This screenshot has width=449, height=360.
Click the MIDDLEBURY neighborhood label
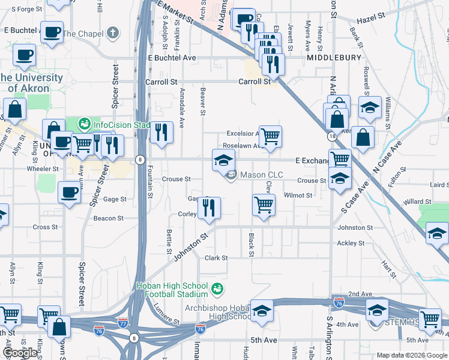pyautogui.click(x=334, y=58)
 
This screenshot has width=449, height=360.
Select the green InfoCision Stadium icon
pyautogui.click(x=84, y=125)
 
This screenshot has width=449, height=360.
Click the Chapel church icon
pyautogui.click(x=113, y=34)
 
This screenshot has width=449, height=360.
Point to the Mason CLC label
pyautogui.click(x=262, y=175)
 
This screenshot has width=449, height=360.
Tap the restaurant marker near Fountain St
pyautogui.click(x=160, y=132)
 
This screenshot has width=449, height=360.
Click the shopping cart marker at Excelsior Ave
pyautogui.click(x=270, y=137)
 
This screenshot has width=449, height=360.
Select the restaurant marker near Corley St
pyautogui.click(x=209, y=208)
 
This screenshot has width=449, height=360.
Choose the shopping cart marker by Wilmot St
pyautogui.click(x=264, y=205)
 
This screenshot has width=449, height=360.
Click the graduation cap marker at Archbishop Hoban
pyautogui.click(x=262, y=310)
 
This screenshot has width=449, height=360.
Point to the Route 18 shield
pyautogui.click(x=332, y=137)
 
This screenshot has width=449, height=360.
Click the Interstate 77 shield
pyautogui.click(x=123, y=322)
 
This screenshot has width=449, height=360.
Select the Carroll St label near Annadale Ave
pyautogui.click(x=161, y=82)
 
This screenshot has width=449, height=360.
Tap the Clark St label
pyautogui.click(x=216, y=258)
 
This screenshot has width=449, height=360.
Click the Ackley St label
pyautogui.click(x=351, y=243)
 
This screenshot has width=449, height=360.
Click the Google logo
pyautogui.click(x=20, y=353)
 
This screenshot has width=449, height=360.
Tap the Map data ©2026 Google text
pyautogui.click(x=412, y=355)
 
